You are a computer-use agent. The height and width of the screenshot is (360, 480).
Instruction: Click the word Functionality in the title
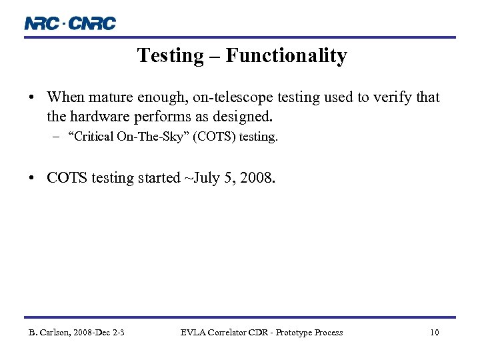(286, 55)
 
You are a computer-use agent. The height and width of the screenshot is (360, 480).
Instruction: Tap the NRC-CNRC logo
(70, 23)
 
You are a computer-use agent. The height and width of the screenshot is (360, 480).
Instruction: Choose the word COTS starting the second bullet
(67, 178)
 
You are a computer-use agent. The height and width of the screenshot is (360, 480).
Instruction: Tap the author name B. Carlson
(51, 333)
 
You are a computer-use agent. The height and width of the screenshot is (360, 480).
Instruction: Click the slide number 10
(434, 333)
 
